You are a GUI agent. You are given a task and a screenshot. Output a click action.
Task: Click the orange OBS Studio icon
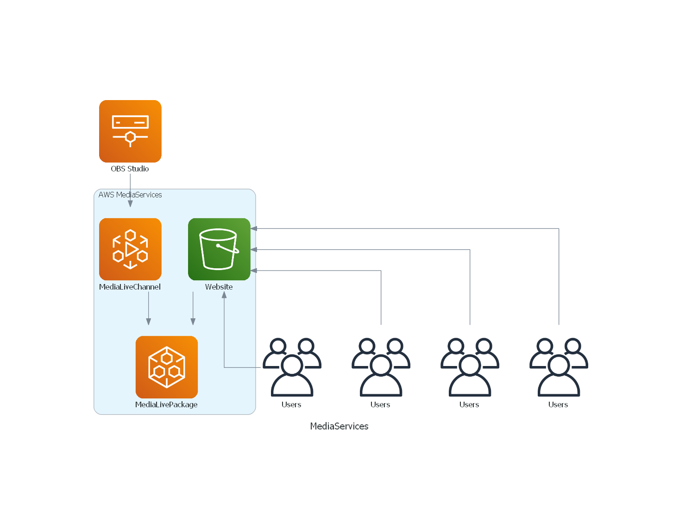(130, 131)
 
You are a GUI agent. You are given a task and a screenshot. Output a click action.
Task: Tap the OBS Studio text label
(130, 169)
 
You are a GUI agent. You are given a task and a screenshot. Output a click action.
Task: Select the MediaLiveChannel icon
(130, 249)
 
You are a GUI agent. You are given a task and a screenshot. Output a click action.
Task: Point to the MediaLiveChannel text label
(130, 287)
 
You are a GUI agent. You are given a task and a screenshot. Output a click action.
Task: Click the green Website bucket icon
(219, 249)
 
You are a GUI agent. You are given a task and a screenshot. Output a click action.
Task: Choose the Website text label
(219, 287)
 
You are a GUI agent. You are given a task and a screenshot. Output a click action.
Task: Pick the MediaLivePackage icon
(167, 367)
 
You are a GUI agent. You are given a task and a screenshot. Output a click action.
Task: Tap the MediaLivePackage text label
(166, 405)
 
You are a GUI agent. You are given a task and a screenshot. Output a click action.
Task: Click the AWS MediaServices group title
(130, 195)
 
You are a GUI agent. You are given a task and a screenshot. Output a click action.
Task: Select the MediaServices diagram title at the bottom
(339, 426)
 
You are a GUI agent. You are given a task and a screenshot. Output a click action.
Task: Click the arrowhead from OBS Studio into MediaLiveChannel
(130, 204)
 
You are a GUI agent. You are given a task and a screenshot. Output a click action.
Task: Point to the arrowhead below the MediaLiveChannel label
(149, 322)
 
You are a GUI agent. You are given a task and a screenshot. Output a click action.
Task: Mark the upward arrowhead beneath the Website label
(224, 295)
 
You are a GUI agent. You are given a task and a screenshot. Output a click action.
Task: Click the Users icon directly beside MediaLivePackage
(292, 367)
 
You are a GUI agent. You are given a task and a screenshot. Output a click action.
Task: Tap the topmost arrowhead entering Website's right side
(254, 229)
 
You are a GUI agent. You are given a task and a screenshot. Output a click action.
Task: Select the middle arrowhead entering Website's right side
(254, 250)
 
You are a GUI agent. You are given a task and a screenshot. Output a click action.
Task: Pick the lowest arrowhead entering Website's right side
(254, 271)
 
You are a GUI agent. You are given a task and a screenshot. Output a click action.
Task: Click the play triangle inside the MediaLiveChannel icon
(131, 249)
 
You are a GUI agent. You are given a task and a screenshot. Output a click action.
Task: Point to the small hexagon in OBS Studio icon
(130, 137)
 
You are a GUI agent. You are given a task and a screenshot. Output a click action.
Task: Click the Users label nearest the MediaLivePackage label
(291, 405)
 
